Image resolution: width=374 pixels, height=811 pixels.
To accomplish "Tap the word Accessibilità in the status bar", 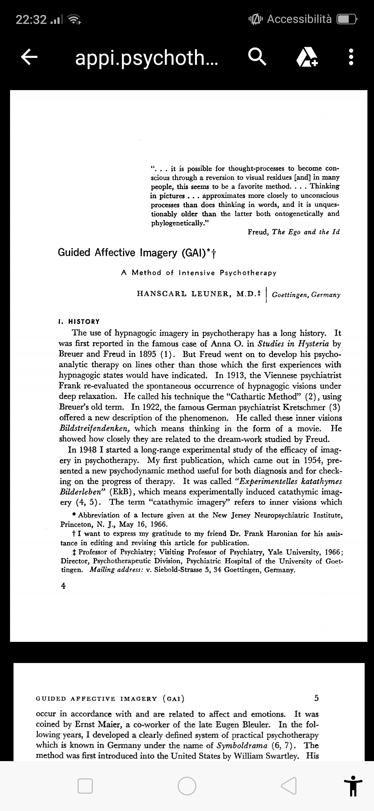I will tap(299, 19).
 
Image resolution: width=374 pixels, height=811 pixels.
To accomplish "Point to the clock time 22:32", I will tap(31, 20).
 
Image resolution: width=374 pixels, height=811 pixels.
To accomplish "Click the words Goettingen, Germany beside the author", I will tap(306, 295).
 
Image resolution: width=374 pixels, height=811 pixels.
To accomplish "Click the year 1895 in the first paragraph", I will tap(147, 355).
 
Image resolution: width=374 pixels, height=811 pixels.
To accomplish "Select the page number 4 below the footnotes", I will tap(63, 586).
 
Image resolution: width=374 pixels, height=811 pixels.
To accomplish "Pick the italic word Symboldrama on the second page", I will tap(242, 745).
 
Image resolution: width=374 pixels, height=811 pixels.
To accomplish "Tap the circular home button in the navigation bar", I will tap(187, 786).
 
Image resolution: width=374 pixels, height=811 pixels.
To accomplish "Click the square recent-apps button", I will tap(85, 786).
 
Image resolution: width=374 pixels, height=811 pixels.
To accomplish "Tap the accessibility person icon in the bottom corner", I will tap(353, 786).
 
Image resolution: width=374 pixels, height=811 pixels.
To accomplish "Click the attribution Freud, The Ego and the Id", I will tap(293, 232).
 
